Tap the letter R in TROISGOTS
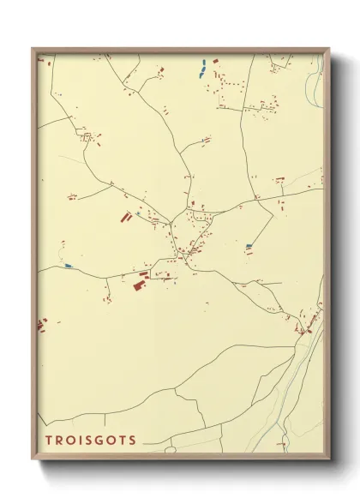(x=60, y=441)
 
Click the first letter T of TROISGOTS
(x=49, y=441)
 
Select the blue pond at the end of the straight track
(x=249, y=246)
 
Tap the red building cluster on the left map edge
(x=40, y=325)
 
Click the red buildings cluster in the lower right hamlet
(x=305, y=327)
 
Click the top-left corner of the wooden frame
(x=33, y=48)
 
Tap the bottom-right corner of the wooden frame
(x=329, y=460)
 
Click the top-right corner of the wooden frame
(x=329, y=48)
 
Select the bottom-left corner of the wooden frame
(x=33, y=460)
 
